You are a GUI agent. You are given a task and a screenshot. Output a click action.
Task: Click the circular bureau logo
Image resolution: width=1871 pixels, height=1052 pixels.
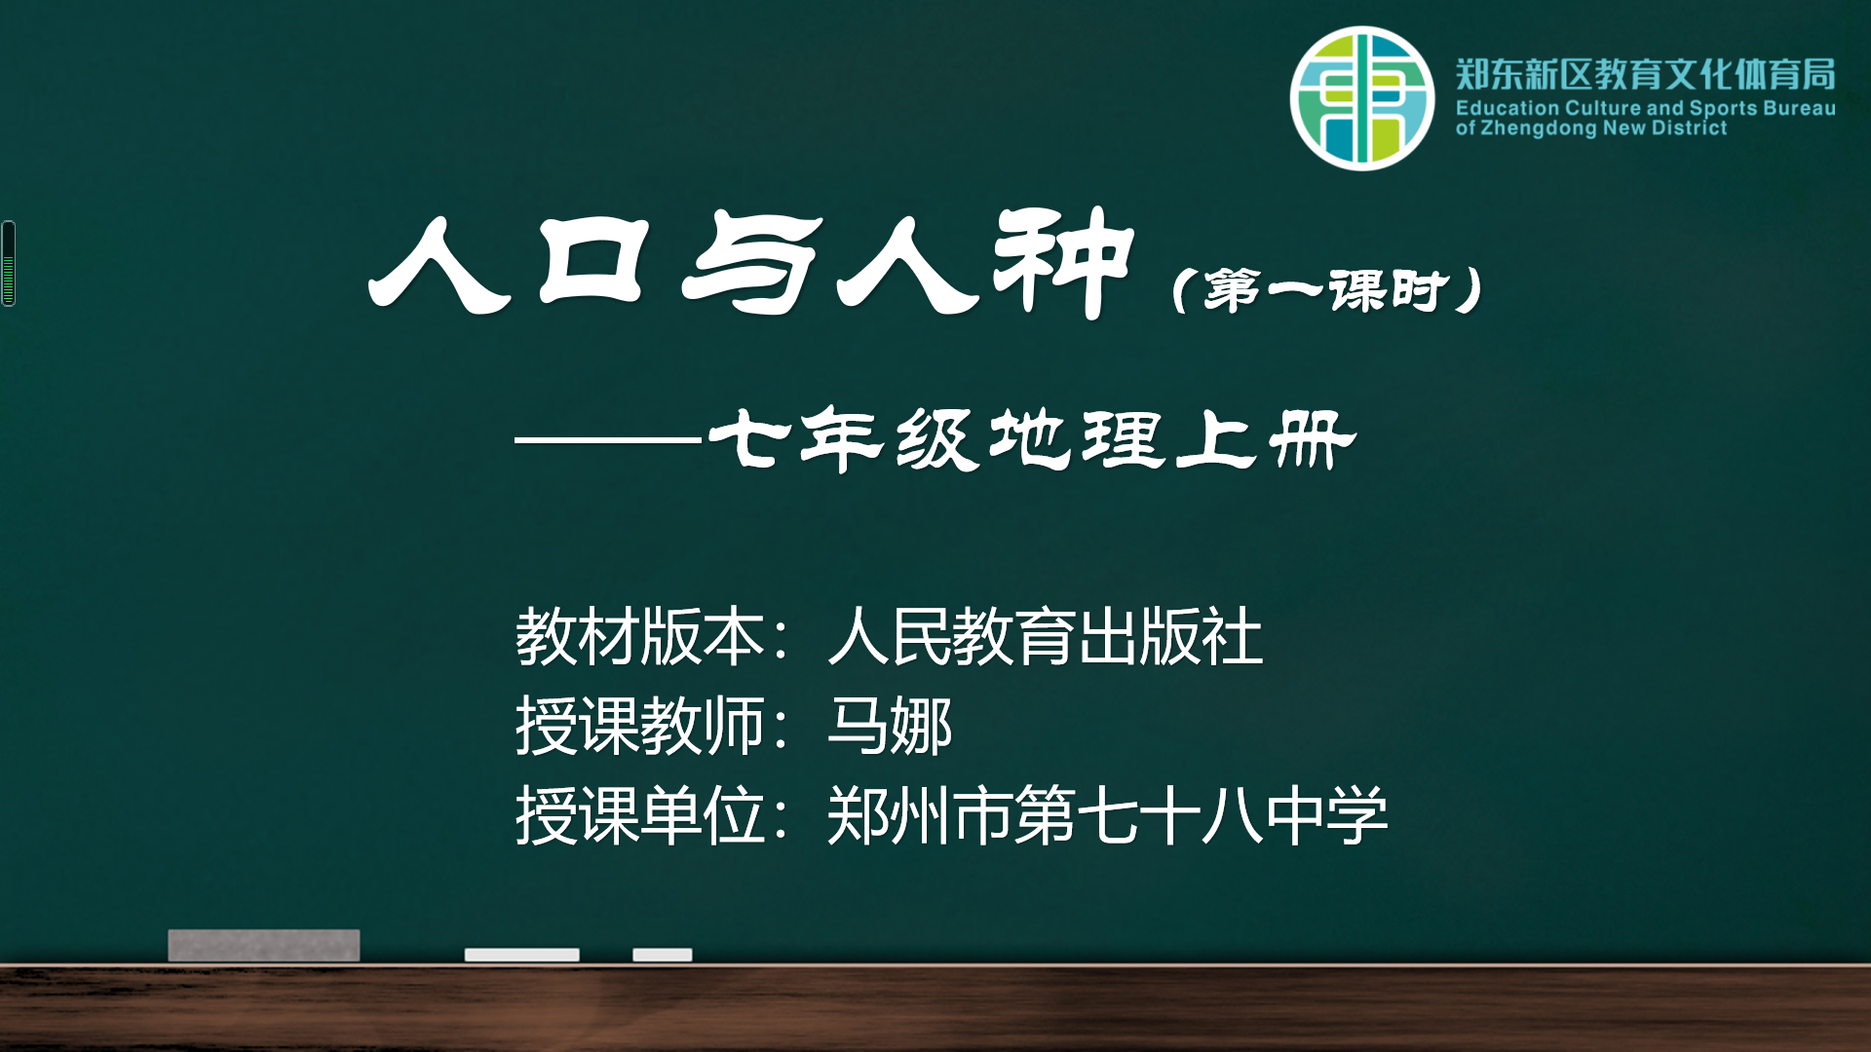point(1362,98)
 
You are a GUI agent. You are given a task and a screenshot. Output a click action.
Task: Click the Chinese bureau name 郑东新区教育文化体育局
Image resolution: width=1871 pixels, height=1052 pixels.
point(1646,74)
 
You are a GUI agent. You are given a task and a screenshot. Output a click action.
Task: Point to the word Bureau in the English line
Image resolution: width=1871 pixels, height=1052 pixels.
point(1799,108)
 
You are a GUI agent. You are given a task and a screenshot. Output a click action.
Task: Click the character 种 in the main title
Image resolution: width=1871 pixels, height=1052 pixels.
point(1063,263)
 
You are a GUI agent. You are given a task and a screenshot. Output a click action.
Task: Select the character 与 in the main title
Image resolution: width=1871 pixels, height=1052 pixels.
point(749,263)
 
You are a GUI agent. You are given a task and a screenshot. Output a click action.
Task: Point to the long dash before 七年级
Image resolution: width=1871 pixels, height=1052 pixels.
point(608,440)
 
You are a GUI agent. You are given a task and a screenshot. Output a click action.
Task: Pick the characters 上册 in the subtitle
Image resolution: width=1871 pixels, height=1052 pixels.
point(1265,439)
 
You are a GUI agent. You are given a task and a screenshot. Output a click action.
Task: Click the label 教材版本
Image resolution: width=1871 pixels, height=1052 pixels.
point(639,637)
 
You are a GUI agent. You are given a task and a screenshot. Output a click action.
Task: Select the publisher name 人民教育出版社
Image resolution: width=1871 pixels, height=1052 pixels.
point(1046,637)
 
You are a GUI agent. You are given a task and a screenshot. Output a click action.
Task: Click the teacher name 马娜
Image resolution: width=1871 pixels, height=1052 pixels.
point(890,727)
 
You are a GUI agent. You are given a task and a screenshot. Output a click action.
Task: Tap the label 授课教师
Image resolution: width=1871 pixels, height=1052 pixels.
point(639,727)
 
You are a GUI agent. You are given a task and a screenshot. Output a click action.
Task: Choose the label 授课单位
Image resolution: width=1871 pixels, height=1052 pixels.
point(639,816)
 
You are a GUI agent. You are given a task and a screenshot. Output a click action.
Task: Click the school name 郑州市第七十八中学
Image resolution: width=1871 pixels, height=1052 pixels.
point(1108,816)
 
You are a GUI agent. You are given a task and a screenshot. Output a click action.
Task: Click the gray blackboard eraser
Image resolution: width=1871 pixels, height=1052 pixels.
point(264,945)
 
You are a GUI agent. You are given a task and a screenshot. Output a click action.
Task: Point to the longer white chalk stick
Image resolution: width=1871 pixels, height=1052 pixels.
point(522,955)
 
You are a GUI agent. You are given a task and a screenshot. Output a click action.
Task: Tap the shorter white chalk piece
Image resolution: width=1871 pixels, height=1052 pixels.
point(663,955)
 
